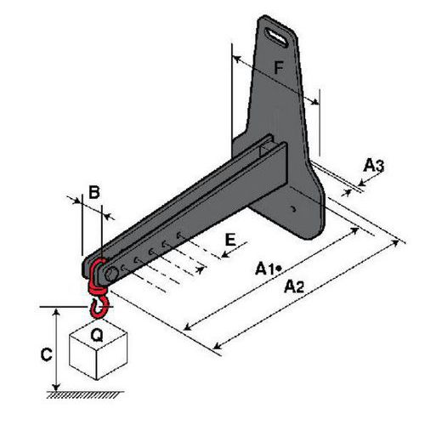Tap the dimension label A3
(x=373, y=166)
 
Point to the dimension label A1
(x=265, y=269)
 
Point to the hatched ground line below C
(x=85, y=394)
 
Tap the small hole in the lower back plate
(x=294, y=207)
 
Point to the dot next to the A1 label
(x=279, y=269)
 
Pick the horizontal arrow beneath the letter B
(x=91, y=205)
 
